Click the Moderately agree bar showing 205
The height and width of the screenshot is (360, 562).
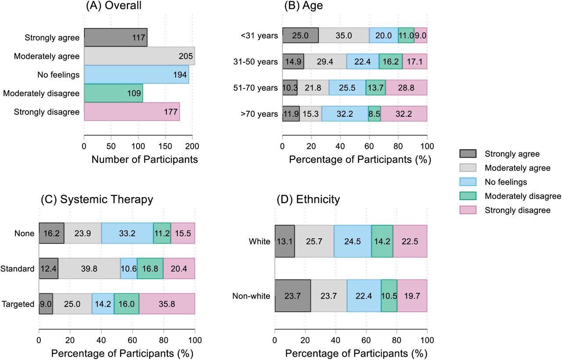click(x=139, y=56)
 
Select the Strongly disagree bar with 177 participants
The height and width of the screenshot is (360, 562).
click(x=132, y=112)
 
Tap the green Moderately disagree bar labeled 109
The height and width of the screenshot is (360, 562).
click(x=113, y=93)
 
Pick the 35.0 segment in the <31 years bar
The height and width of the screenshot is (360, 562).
click(x=344, y=36)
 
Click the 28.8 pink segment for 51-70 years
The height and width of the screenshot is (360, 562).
click(x=406, y=88)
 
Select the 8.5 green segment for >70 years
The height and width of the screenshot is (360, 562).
click(x=375, y=114)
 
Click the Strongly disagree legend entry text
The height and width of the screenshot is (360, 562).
click(x=517, y=210)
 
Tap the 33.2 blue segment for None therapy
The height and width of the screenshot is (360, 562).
click(x=127, y=233)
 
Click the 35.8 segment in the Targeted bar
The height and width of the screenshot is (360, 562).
click(x=167, y=304)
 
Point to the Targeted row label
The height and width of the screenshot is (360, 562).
click(x=18, y=304)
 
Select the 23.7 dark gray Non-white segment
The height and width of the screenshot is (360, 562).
click(x=292, y=296)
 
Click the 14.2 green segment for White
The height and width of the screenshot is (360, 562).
click(x=382, y=241)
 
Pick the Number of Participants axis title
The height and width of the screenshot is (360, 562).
click(x=144, y=159)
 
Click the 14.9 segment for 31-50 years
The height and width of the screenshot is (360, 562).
click(x=293, y=61)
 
